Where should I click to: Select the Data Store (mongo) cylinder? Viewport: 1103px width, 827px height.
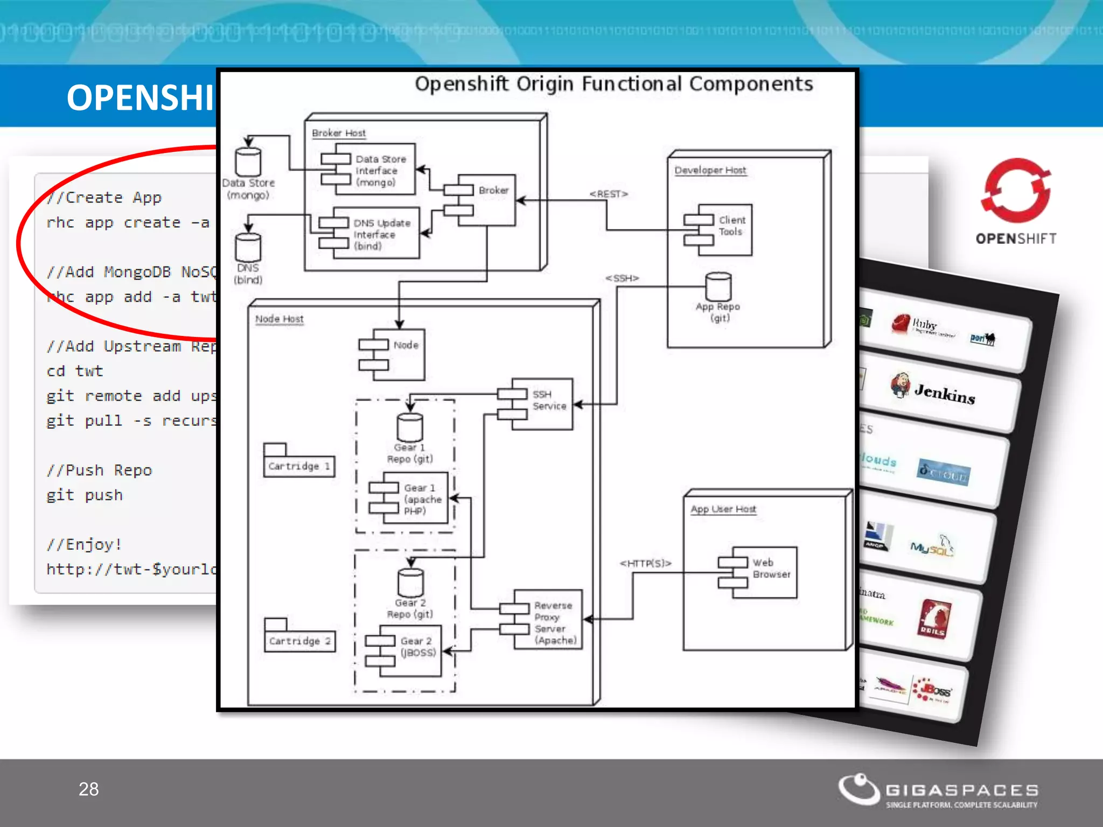pyautogui.click(x=248, y=162)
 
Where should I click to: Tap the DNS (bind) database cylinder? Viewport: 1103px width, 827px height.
pyautogui.click(x=248, y=248)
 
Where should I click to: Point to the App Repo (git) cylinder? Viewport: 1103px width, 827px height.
pyautogui.click(x=718, y=287)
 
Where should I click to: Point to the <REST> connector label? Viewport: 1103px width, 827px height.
pyautogui.click(x=609, y=194)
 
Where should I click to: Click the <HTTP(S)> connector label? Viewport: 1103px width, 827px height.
pyautogui.click(x=645, y=563)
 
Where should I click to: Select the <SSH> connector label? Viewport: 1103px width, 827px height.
pyautogui.click(x=622, y=278)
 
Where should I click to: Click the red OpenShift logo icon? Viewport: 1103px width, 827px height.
pyautogui.click(x=1016, y=191)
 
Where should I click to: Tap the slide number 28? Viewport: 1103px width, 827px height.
pyautogui.click(x=89, y=789)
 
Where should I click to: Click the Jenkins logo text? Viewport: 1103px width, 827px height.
pyautogui.click(x=945, y=394)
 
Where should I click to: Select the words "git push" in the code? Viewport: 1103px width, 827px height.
pyautogui.click(x=85, y=495)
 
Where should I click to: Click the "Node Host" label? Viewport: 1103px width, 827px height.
pyautogui.click(x=279, y=319)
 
